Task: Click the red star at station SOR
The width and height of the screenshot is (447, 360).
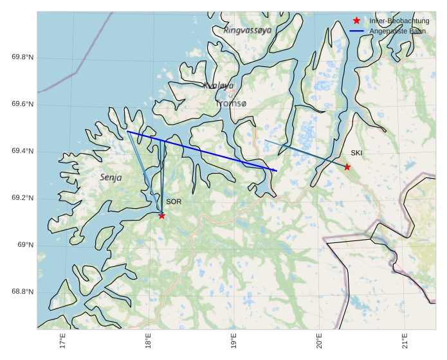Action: pyautogui.click(x=161, y=215)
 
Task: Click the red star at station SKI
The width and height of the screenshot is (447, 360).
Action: pyautogui.click(x=347, y=167)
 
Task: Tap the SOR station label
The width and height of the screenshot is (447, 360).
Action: pyautogui.click(x=174, y=202)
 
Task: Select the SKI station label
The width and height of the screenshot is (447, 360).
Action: pyautogui.click(x=356, y=153)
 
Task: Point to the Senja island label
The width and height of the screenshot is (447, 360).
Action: pyautogui.click(x=111, y=177)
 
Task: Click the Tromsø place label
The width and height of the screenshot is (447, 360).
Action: pyautogui.click(x=231, y=103)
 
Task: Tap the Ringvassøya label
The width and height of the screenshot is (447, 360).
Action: pyautogui.click(x=248, y=30)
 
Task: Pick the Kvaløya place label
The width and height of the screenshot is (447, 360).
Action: pyautogui.click(x=218, y=85)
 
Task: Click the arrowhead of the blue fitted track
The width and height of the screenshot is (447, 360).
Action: pyautogui.click(x=276, y=170)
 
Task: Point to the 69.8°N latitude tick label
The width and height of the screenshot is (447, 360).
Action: pyautogui.click(x=23, y=58)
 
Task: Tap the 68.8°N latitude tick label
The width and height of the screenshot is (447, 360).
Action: pyautogui.click(x=23, y=292)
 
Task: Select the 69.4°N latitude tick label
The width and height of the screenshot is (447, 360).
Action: pyautogui.click(x=23, y=152)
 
